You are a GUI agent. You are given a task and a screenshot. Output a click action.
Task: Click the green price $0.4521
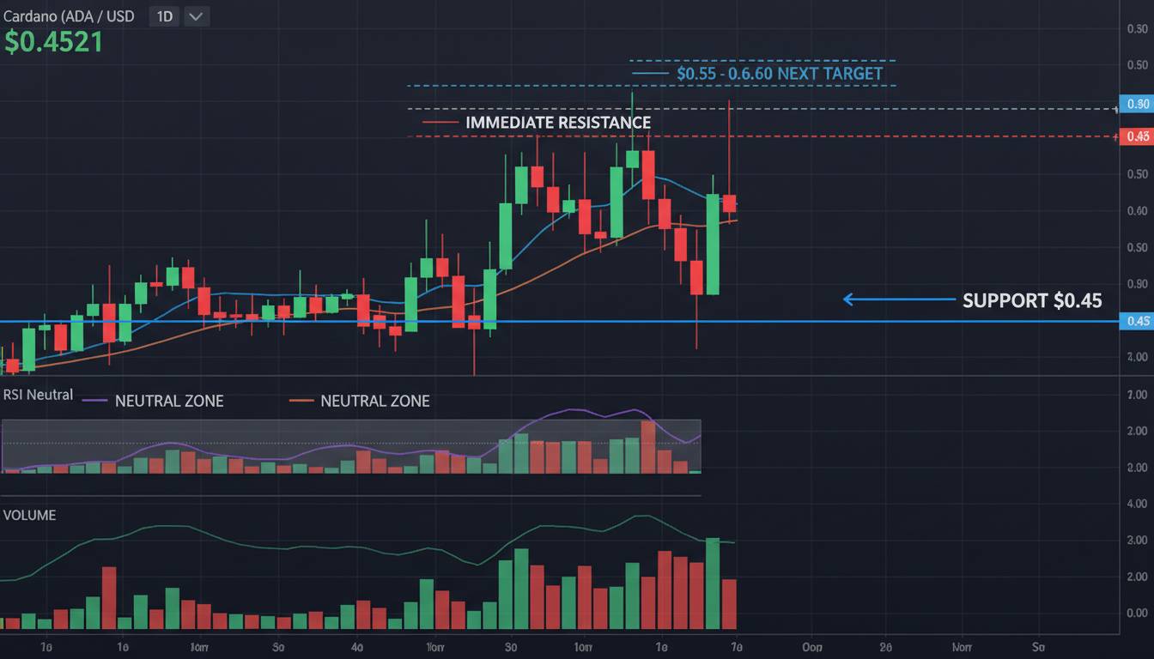[x=53, y=42]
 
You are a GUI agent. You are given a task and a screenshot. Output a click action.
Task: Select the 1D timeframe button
[x=164, y=16]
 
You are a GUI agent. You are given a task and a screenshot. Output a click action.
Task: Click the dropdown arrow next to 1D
[x=197, y=16]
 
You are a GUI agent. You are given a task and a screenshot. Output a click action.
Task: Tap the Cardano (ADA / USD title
[x=69, y=16]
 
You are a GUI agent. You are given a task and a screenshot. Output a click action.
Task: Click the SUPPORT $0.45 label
[x=1032, y=300]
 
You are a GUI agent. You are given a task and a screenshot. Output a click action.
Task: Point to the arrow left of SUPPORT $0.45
[x=897, y=299]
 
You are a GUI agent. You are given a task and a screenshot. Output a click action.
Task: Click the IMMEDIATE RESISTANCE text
[x=557, y=123]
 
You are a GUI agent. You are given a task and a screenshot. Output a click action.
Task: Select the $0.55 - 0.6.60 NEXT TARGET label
[x=779, y=74]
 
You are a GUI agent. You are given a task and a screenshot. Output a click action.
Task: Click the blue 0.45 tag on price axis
[x=1137, y=322]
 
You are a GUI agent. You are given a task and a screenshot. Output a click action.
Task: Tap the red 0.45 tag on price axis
[x=1137, y=136]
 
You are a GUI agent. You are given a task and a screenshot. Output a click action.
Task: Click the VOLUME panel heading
[x=29, y=516]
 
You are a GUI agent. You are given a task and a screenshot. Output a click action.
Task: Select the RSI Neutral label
[x=38, y=396]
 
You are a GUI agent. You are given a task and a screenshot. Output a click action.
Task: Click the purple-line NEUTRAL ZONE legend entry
[x=168, y=401]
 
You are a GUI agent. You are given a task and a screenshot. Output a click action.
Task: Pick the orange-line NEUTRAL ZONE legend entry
[x=374, y=401]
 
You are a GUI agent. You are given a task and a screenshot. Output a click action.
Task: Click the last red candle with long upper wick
[x=729, y=203]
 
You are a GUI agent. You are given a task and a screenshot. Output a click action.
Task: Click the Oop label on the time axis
[x=811, y=647]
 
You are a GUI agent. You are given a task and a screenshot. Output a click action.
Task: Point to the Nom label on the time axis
[x=961, y=647]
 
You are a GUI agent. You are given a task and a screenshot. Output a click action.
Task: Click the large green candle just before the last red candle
[x=713, y=245]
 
